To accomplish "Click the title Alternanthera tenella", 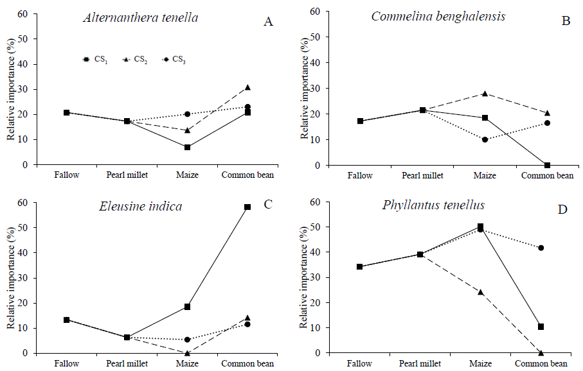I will (140, 18).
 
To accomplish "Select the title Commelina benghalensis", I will (438, 16).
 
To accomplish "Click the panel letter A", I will (269, 22).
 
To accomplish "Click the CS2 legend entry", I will (136, 60).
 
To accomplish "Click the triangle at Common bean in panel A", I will (247, 87).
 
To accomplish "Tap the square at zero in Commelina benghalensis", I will (547, 165).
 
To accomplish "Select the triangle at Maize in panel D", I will (480, 292).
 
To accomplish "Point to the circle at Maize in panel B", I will (485, 139).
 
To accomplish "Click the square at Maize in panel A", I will (187, 148).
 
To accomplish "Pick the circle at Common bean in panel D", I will (541, 248).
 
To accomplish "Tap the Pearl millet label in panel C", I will (126, 363).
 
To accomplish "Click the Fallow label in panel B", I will (360, 175).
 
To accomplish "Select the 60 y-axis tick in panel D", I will (316, 202).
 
